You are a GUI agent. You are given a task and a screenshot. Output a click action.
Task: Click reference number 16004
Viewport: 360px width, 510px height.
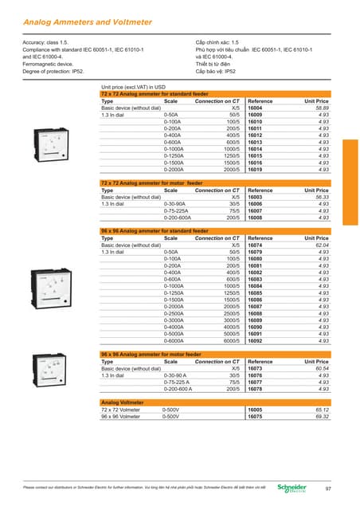pyautogui.click(x=256, y=108)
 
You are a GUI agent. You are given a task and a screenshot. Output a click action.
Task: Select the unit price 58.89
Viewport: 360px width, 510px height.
pyautogui.click(x=321, y=108)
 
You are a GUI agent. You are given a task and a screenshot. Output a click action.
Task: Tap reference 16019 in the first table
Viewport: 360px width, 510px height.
pyautogui.click(x=256, y=170)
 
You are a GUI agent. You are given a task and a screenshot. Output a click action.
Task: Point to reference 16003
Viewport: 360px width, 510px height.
pyautogui.click(x=256, y=197)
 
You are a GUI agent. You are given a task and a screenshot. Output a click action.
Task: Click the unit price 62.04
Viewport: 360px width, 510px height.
pyautogui.click(x=321, y=244)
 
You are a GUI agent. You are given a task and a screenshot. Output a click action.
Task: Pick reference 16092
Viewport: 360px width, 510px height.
pyautogui.click(x=256, y=340)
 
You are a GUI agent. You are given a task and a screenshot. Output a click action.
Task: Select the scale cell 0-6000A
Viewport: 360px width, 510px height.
pyautogui.click(x=177, y=340)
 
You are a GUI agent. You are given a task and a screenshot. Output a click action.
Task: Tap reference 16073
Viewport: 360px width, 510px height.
pyautogui.click(x=256, y=368)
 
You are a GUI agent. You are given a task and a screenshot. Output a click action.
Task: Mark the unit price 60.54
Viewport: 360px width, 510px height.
pyautogui.click(x=321, y=368)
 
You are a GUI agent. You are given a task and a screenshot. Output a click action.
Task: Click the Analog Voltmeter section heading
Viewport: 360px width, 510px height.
pyautogui.click(x=122, y=402)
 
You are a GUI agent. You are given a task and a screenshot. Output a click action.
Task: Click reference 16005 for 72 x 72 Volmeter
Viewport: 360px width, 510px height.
pyautogui.click(x=256, y=410)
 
